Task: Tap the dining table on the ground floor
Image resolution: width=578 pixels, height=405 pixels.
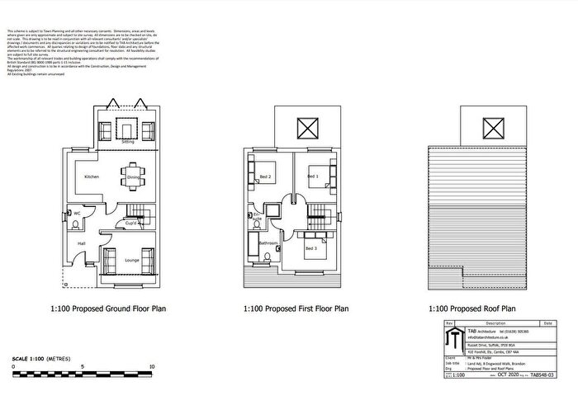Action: click(133, 175)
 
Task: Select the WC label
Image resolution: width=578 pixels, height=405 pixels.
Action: click(77, 213)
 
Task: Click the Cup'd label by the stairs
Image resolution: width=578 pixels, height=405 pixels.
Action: click(130, 223)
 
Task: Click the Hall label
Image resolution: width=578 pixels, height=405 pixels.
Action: click(82, 244)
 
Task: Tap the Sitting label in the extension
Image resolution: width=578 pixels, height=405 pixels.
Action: click(128, 142)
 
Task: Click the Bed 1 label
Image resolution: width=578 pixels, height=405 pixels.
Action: click(313, 177)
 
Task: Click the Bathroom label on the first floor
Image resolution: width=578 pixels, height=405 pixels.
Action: click(268, 243)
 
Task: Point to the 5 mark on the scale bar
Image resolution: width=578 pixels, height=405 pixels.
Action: click(83, 365)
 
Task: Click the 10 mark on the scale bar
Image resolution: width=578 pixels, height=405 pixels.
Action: click(154, 365)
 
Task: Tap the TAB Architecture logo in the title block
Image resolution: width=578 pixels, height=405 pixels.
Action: click(453, 339)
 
